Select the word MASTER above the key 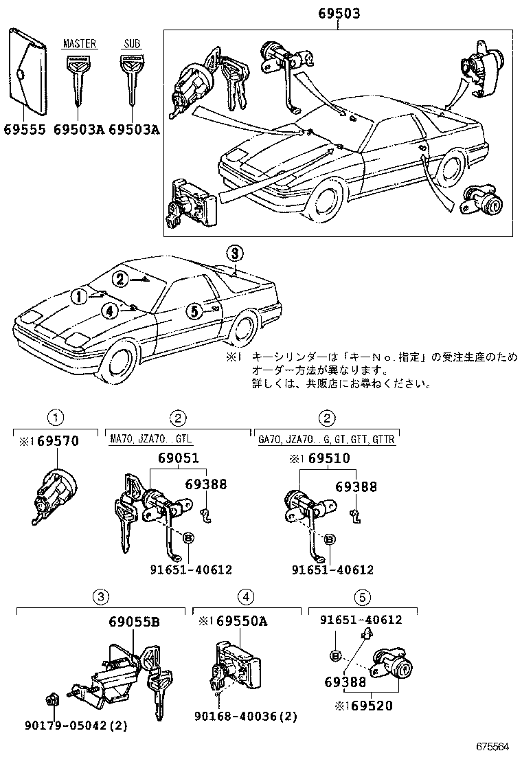point(79,44)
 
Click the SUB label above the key point(130,44)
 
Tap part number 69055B point(134,622)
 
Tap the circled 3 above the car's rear point(234,254)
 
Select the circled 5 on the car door point(194,311)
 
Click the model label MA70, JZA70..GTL point(151,438)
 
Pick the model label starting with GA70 point(326,438)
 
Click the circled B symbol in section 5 point(335,655)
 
